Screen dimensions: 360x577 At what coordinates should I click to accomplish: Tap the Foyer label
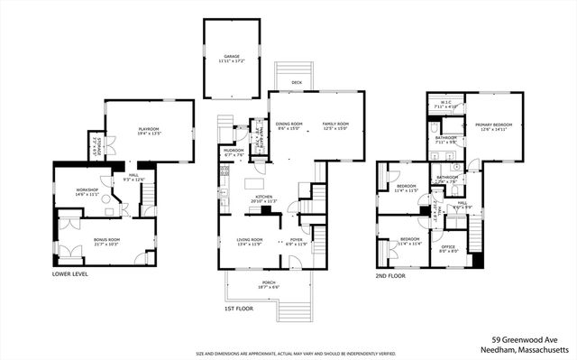pos(297,240)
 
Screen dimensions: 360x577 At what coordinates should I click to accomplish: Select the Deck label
pos(296,83)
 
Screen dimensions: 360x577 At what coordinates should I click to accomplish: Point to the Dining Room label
pos(288,124)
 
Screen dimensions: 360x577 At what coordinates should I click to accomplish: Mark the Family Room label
pos(335,124)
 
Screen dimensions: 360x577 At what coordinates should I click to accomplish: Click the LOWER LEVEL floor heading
pos(69,272)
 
